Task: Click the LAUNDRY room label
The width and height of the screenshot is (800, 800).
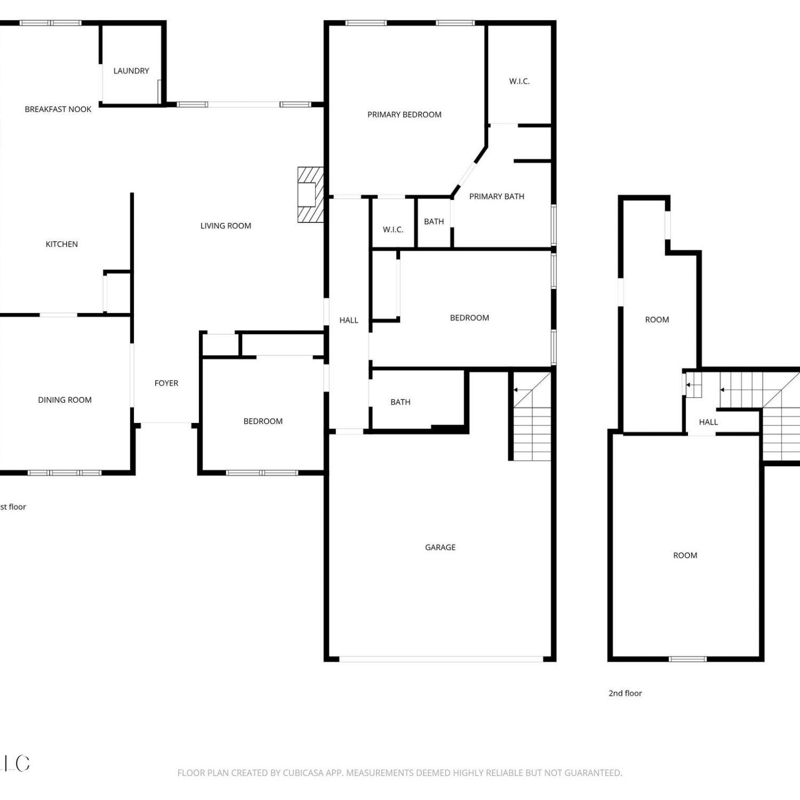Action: (131, 71)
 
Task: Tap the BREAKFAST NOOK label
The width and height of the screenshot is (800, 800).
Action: (58, 109)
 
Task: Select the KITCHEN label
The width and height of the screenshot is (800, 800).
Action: (62, 244)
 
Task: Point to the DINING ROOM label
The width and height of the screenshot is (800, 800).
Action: (65, 400)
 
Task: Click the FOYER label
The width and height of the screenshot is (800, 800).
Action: (166, 383)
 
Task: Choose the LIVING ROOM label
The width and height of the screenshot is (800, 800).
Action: (226, 226)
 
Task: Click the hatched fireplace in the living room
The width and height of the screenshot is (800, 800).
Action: (310, 195)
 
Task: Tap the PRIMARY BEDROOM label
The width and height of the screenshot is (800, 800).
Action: (404, 115)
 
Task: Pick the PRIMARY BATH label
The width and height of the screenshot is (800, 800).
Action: (497, 197)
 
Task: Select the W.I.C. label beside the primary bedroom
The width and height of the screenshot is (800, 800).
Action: (519, 82)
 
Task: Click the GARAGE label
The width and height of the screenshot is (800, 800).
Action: (441, 548)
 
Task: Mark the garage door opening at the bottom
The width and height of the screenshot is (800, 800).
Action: (441, 659)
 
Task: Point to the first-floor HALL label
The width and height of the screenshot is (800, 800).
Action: (349, 321)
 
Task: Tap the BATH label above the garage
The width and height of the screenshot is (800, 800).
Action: (401, 403)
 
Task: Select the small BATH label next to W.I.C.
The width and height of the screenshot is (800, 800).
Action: (434, 222)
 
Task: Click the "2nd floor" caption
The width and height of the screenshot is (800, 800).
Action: (625, 693)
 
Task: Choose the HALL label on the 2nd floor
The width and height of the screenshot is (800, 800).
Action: (708, 422)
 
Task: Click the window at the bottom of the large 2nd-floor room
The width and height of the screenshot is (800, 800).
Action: (688, 659)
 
